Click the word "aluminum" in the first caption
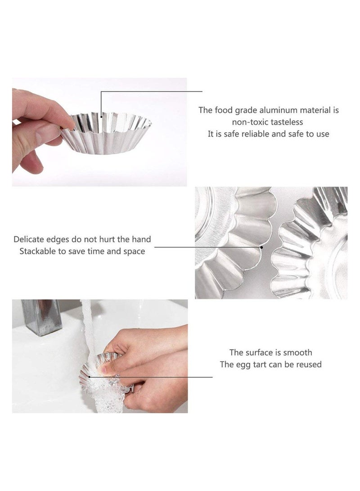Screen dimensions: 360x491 pyautogui.click(x=278, y=110)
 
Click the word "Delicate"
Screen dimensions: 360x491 pyautogui.click(x=28, y=240)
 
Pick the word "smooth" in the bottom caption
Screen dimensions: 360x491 pyautogui.click(x=297, y=353)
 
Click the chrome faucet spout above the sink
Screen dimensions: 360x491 pyautogui.click(x=42, y=317)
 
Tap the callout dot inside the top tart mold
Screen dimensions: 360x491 pyautogui.click(x=101, y=117)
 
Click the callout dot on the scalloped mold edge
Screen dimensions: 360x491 pyautogui.click(x=261, y=247)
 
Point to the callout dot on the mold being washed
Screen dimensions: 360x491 pyautogui.click(x=89, y=377)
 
